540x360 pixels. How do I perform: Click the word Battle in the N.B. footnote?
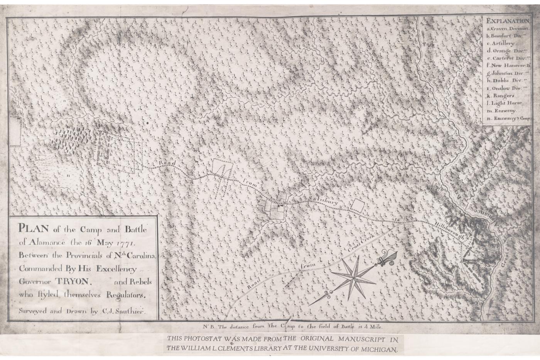[x=347, y=326]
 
